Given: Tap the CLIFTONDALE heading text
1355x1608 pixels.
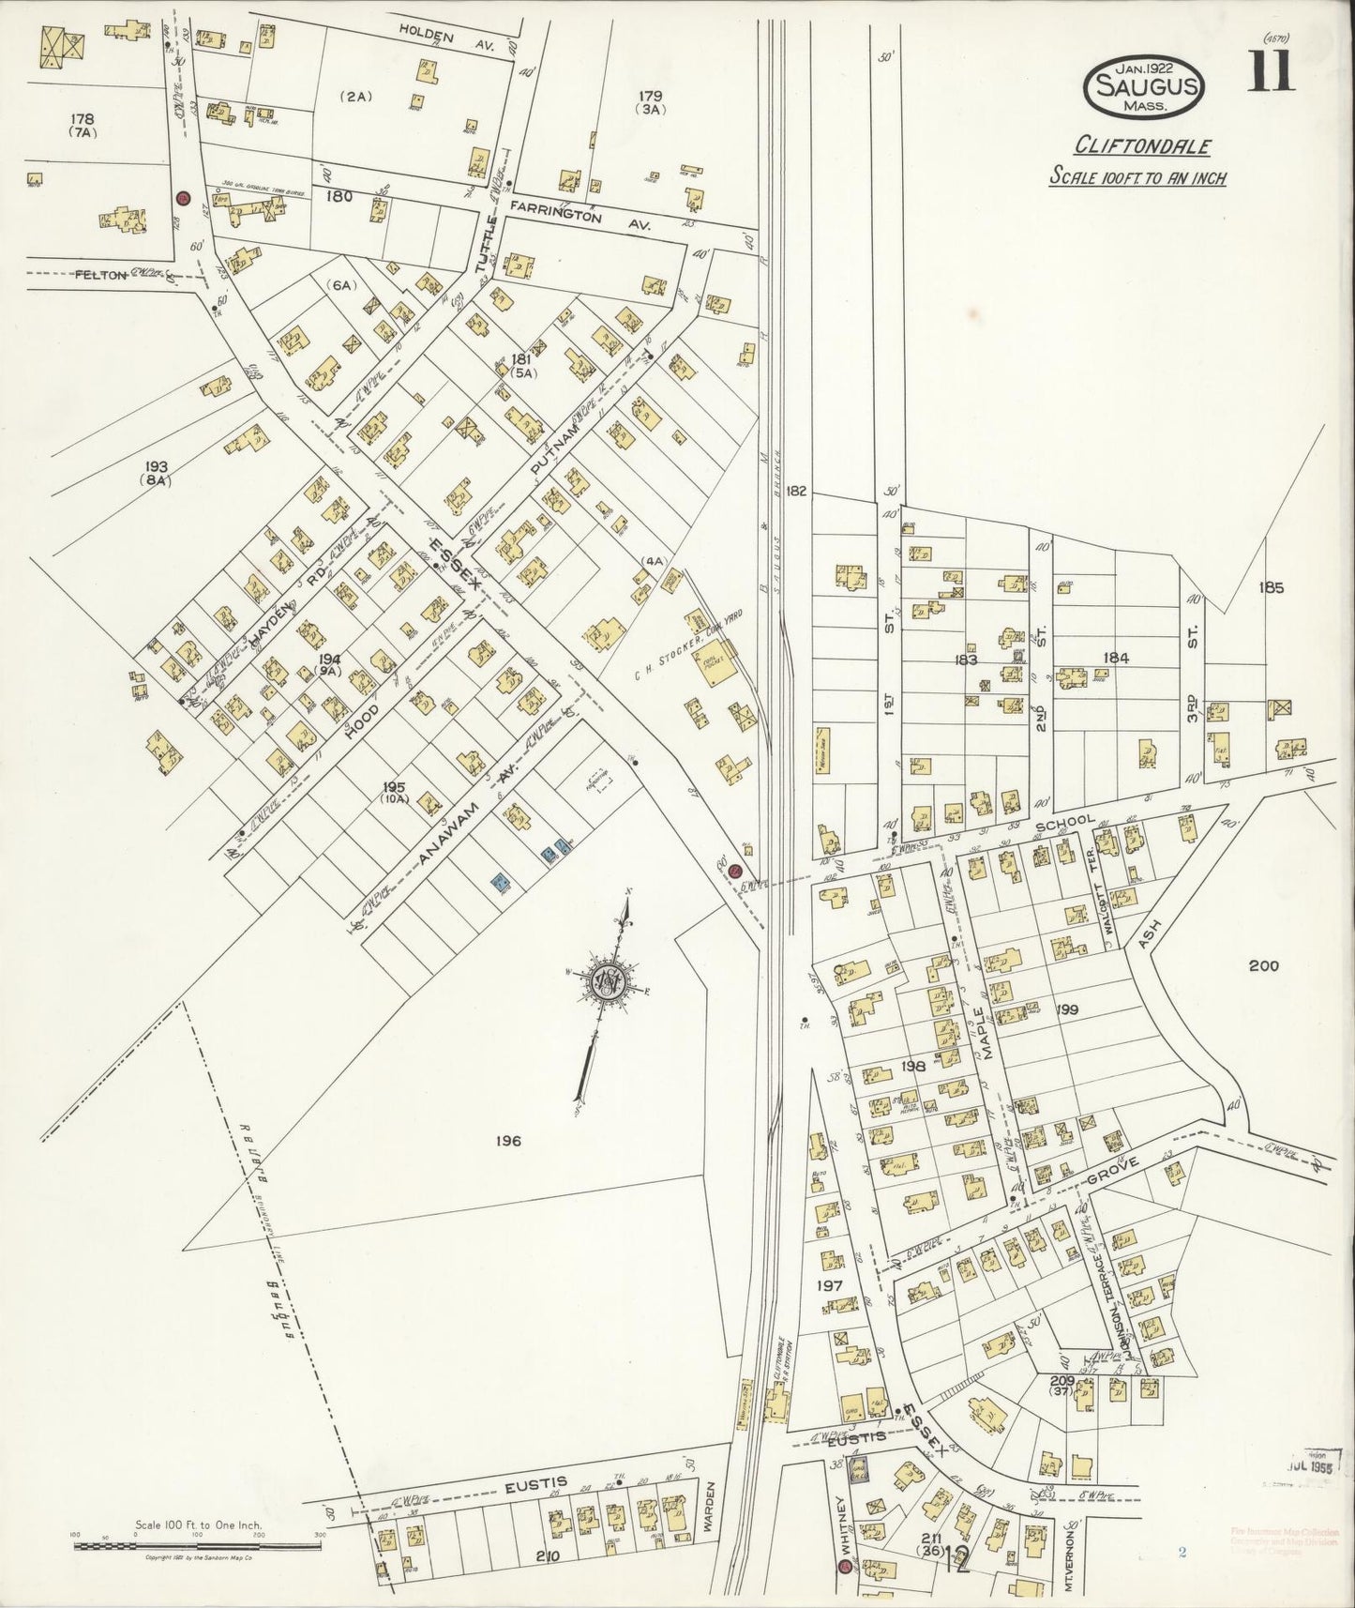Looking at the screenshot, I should (x=1142, y=146).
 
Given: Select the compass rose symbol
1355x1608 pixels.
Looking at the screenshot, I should (x=608, y=981).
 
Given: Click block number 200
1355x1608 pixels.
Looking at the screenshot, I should (x=1262, y=965).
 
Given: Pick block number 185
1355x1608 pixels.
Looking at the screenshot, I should (x=1272, y=588).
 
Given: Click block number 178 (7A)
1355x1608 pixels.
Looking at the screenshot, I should (x=83, y=126).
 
